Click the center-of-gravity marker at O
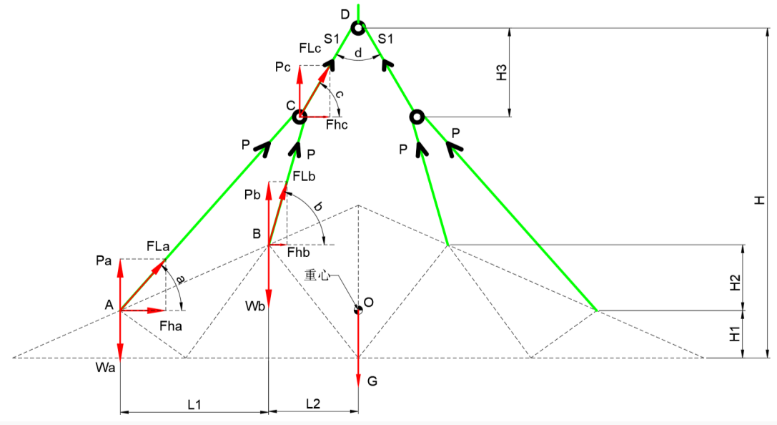358,310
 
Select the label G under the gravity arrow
372,381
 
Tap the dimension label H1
735,334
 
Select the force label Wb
255,306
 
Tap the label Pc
283,67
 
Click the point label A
109,305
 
